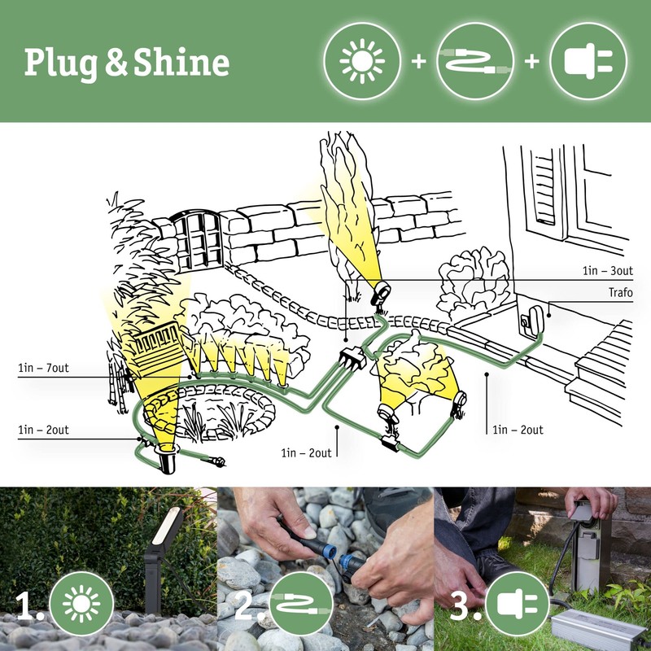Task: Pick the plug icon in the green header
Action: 588,61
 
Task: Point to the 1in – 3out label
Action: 606,270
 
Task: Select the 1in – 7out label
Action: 44,369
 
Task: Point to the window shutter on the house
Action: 544,191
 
